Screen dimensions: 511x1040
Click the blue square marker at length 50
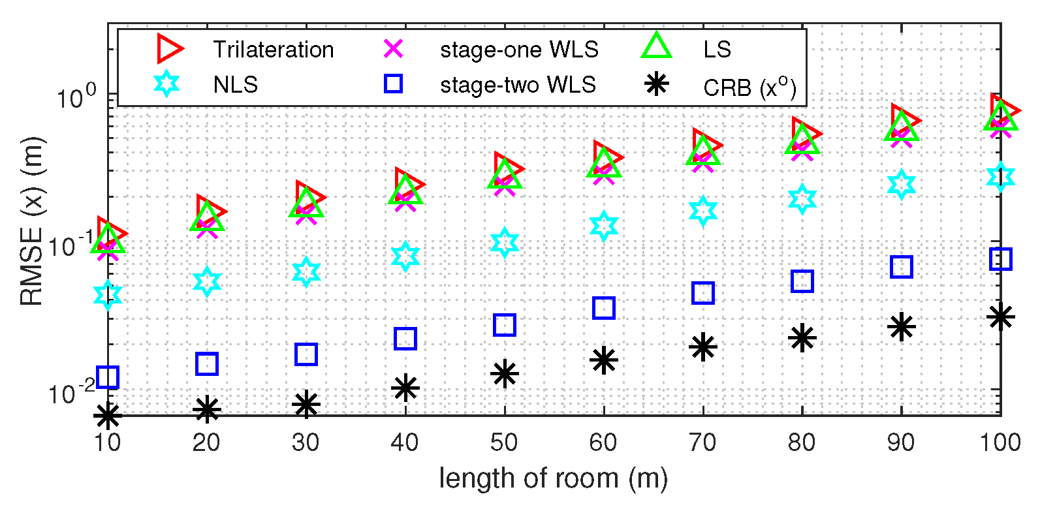tap(505, 324)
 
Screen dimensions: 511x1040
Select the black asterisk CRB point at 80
tap(802, 338)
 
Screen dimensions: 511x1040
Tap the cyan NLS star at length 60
tap(604, 226)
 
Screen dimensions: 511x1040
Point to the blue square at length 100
tap(1001, 259)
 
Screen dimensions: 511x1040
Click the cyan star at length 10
tap(108, 295)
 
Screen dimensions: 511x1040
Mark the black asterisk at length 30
tap(306, 404)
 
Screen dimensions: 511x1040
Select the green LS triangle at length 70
tap(703, 151)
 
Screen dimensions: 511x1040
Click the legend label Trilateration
tap(273, 50)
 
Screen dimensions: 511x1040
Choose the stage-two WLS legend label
tap(518, 85)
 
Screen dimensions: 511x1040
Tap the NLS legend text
tap(235, 85)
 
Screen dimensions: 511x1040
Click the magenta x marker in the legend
tap(394, 49)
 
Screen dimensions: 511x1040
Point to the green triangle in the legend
tap(657, 47)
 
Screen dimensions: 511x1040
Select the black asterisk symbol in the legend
tap(657, 84)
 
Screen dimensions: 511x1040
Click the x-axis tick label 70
tap(702, 442)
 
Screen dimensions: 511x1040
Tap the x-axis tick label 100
tap(1000, 442)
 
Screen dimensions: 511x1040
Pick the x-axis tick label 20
tap(206, 442)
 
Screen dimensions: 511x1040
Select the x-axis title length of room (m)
tap(553, 478)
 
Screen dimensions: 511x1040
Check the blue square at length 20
tap(207, 364)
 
